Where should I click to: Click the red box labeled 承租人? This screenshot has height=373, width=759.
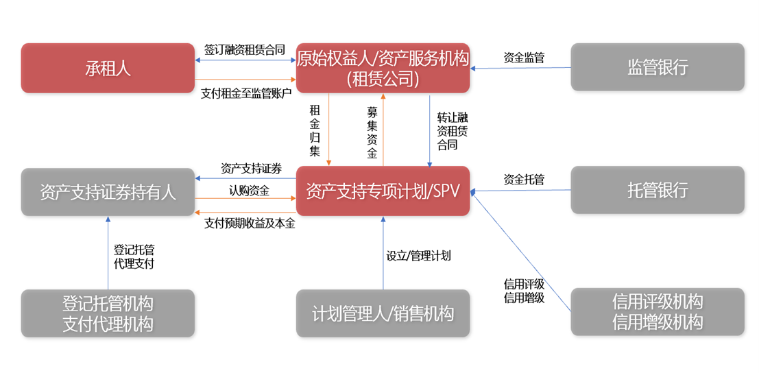pyautogui.click(x=108, y=68)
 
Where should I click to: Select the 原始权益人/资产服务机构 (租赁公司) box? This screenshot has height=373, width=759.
pyautogui.click(x=383, y=68)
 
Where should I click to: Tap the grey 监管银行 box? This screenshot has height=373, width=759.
pyautogui.click(x=657, y=68)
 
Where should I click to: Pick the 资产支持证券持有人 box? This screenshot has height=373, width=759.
pyautogui.click(x=108, y=192)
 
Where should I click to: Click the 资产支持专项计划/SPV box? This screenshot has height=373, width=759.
pyautogui.click(x=383, y=191)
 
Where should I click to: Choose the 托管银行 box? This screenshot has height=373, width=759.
pyautogui.click(x=657, y=191)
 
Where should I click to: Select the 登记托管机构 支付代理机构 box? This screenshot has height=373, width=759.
pyautogui.click(x=108, y=313)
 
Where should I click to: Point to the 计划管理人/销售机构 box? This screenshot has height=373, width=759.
pyautogui.click(x=383, y=314)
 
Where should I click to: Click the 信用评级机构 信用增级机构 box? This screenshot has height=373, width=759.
pyautogui.click(x=657, y=312)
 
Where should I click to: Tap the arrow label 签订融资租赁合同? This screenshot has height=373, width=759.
pyautogui.click(x=244, y=50)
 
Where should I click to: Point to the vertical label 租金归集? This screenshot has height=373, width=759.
pyautogui.click(x=315, y=130)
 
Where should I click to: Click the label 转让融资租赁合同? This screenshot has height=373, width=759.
pyautogui.click(x=452, y=131)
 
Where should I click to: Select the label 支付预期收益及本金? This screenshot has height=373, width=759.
pyautogui.click(x=250, y=224)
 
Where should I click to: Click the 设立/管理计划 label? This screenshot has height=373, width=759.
pyautogui.click(x=418, y=256)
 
